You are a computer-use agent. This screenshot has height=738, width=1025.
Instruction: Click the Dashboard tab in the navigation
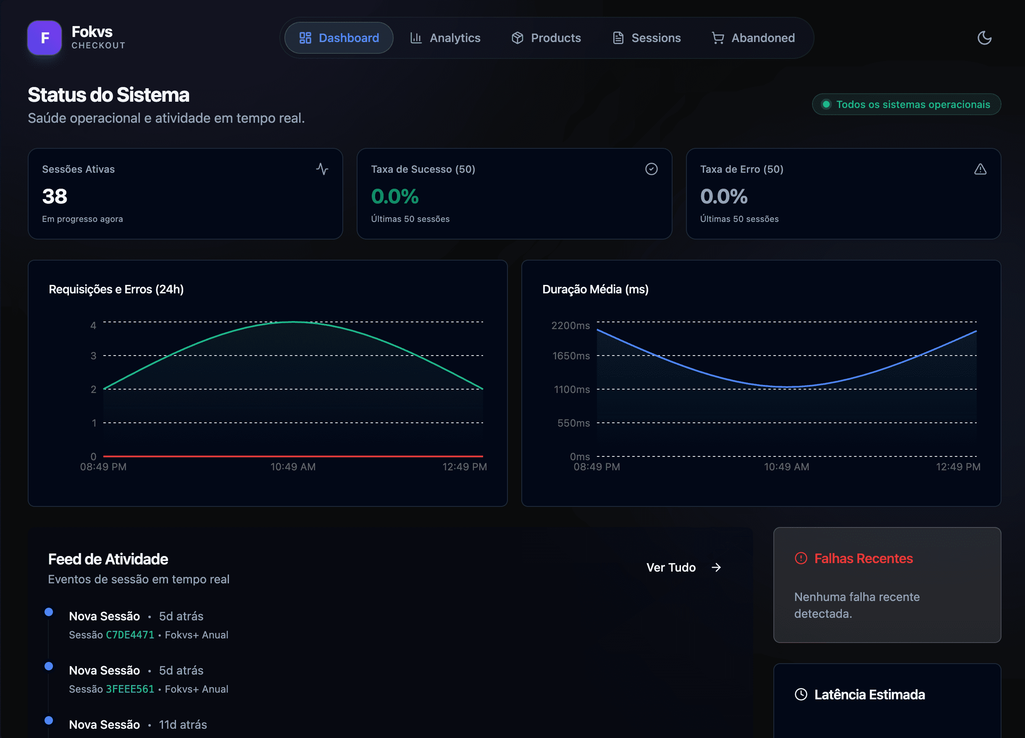[x=339, y=38]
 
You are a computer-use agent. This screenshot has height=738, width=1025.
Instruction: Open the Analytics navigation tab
[x=445, y=38]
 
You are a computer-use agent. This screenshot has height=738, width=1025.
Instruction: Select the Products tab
[x=546, y=38]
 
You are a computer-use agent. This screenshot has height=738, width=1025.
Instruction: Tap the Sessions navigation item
[x=646, y=38]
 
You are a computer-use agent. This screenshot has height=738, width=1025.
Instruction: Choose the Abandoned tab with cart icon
[x=753, y=38]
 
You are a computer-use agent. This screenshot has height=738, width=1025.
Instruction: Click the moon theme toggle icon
[x=984, y=38]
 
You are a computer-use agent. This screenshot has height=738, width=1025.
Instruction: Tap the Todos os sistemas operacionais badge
[x=906, y=105]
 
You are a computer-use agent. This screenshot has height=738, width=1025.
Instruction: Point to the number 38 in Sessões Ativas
[x=55, y=196]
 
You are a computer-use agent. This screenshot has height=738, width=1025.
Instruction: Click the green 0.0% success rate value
[x=394, y=196]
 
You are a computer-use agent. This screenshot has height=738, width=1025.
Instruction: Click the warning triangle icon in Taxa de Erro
[x=980, y=169]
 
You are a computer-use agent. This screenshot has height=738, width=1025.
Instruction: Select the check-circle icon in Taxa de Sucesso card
[x=651, y=169]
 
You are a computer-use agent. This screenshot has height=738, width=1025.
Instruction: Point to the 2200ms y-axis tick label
[x=570, y=326]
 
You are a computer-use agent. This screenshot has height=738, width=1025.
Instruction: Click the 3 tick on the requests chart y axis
[x=93, y=356]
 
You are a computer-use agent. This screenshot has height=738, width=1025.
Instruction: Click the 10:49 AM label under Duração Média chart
[x=786, y=467]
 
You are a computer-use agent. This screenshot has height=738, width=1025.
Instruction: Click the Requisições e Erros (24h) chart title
[x=116, y=290]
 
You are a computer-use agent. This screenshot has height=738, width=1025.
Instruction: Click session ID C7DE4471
[x=130, y=635]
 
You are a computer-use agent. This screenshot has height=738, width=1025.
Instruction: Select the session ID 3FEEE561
[x=130, y=689]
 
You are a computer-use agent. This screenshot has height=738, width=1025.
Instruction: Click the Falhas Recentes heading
[x=863, y=559]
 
